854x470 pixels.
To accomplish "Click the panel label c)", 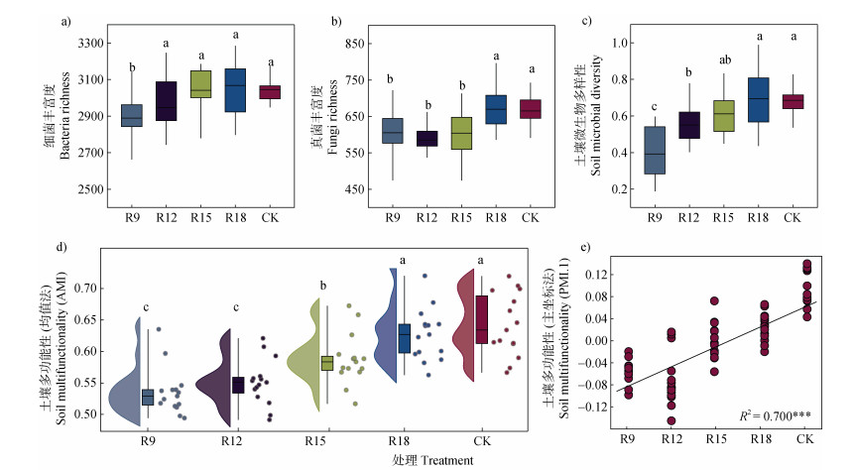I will pos(588,20).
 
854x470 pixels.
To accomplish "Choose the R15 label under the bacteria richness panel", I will pos(201,216).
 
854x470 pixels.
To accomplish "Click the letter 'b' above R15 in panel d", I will pos(321,288).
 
